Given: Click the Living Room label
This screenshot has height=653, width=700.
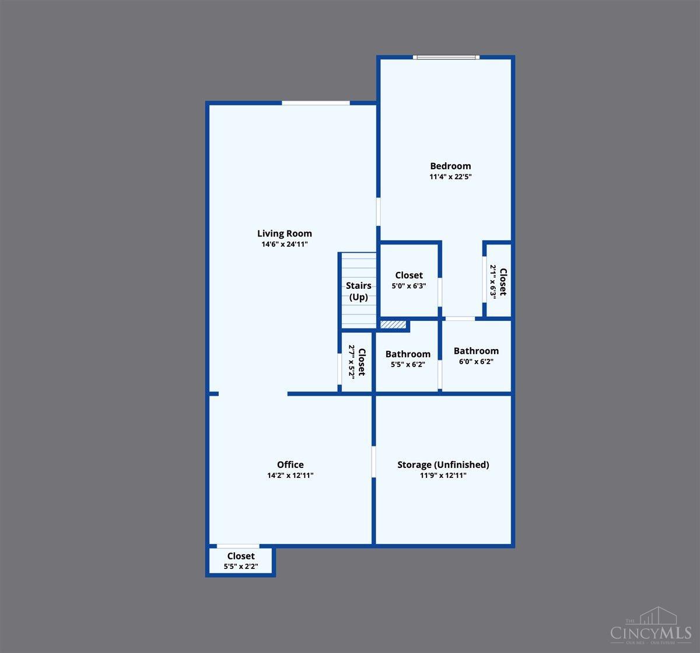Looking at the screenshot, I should (x=285, y=233).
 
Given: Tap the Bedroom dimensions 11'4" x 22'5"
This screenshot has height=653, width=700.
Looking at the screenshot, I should (x=450, y=176).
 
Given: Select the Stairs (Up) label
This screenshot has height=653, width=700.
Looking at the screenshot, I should (x=358, y=291).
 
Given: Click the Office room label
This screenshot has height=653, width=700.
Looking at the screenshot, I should (x=290, y=465).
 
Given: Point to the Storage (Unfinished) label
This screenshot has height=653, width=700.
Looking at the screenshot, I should (x=443, y=465).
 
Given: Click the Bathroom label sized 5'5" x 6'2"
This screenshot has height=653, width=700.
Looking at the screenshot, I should (x=408, y=354).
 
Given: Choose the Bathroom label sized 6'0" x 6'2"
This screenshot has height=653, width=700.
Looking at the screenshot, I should (x=476, y=351).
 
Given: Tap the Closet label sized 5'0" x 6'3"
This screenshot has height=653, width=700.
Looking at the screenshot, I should (x=409, y=275).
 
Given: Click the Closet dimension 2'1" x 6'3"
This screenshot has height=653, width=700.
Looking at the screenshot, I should (x=493, y=281).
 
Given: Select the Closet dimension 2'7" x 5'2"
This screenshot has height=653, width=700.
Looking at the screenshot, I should (x=352, y=362).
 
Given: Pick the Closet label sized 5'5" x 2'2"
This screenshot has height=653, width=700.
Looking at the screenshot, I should (x=241, y=556).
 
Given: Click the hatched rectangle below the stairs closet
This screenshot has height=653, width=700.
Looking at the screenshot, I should (x=393, y=324).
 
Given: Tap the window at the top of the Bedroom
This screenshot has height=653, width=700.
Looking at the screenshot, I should (x=446, y=57).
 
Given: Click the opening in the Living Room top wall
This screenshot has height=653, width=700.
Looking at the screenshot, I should (x=316, y=103).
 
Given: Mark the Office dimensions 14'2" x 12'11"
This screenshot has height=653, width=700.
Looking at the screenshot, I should (x=290, y=476).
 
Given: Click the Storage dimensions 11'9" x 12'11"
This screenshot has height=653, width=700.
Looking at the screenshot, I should (x=443, y=476).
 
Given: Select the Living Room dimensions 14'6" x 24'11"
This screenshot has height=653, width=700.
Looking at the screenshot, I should (x=285, y=245).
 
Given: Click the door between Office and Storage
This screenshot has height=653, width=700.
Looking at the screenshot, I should (x=373, y=462).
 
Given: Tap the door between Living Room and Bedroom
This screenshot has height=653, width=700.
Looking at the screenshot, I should (x=378, y=211).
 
